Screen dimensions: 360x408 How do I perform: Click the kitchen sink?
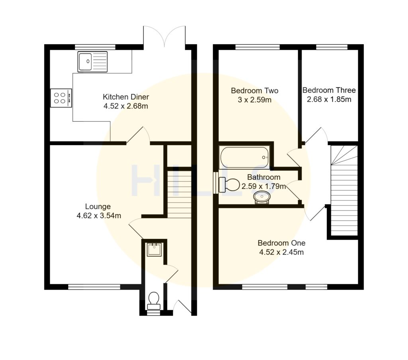click(x=93, y=62)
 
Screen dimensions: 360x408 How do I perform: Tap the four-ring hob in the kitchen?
click(x=61, y=98)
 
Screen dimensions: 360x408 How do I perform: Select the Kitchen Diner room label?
click(x=121, y=97)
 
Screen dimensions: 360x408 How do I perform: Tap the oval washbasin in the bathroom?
click(x=262, y=197)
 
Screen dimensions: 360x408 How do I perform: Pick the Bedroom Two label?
click(x=255, y=91)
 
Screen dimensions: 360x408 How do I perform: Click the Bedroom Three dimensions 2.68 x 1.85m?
click(x=329, y=99)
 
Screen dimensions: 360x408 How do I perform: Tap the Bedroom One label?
click(x=281, y=243)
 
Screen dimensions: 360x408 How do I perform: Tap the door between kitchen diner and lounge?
click(x=138, y=136)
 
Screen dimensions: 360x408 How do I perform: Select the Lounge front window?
click(x=94, y=286)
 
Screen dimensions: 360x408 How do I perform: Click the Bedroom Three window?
click(x=331, y=47)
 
